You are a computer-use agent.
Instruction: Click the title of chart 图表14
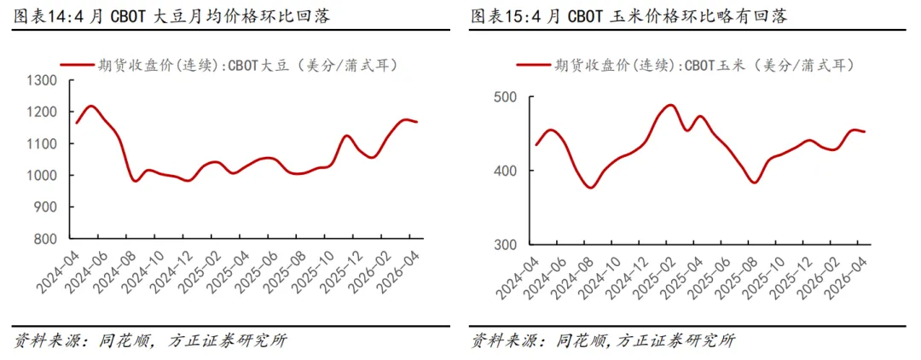(171, 16)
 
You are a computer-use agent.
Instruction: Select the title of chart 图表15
(628, 16)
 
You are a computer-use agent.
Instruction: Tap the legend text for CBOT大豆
(247, 65)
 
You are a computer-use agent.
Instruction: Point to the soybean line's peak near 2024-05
(91, 107)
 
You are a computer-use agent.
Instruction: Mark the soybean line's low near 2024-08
(136, 181)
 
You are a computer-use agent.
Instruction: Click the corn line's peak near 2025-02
(671, 105)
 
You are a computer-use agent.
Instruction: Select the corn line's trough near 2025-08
(754, 183)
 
